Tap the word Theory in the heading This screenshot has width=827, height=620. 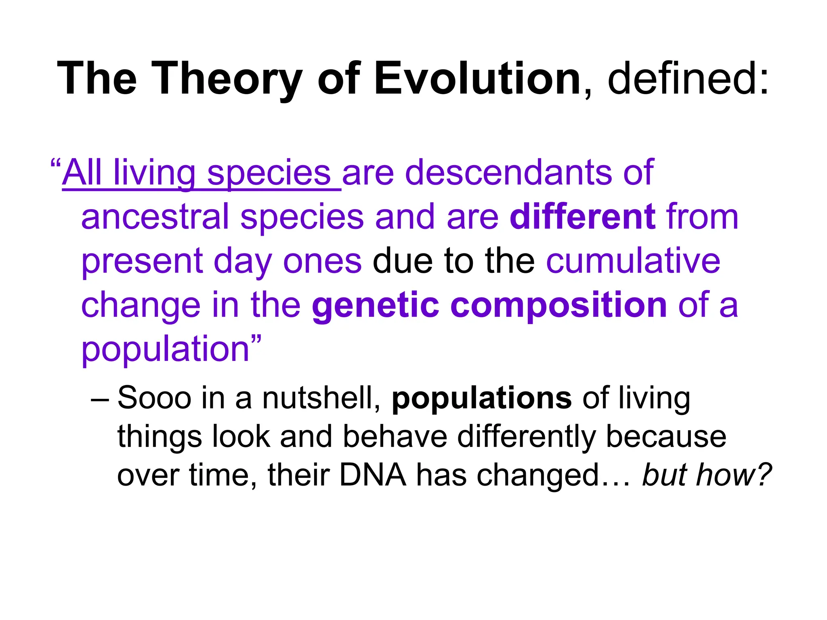coord(228,79)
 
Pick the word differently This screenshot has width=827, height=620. coord(527,437)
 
